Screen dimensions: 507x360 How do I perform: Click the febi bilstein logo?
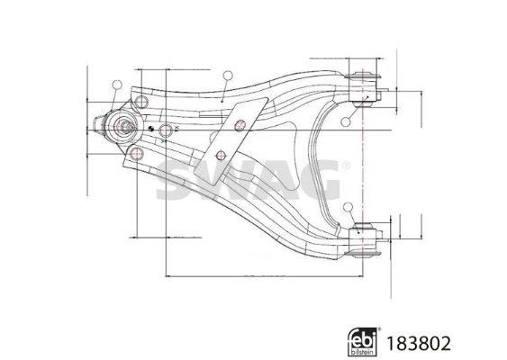click(x=363, y=342)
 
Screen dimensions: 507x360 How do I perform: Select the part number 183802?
click(x=419, y=344)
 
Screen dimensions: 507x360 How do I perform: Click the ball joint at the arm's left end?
click(x=122, y=126)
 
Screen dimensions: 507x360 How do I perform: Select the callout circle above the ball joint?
click(x=117, y=85)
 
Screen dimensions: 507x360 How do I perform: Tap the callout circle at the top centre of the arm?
click(x=228, y=76)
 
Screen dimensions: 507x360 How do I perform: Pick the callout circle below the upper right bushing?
click(x=346, y=121)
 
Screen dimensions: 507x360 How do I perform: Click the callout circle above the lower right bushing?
click(x=349, y=207)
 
